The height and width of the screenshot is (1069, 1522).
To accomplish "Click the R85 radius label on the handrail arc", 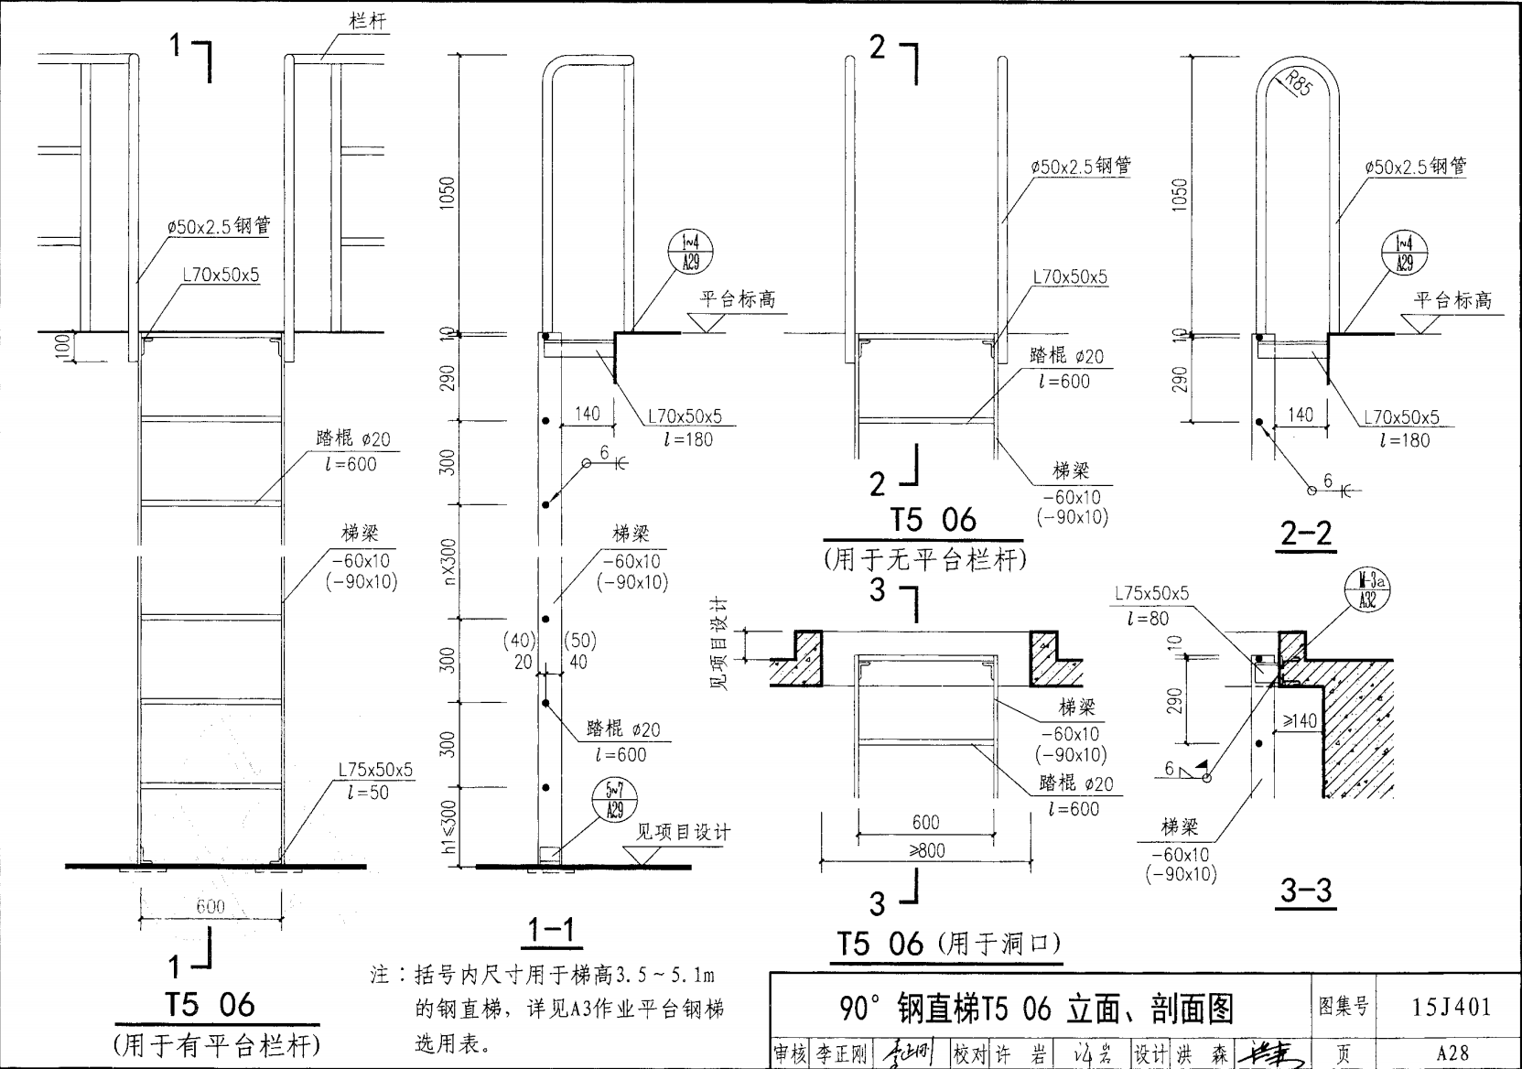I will (x=1299, y=83).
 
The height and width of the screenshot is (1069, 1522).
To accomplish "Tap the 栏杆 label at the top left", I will (x=368, y=20).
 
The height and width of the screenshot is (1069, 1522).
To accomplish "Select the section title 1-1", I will (x=552, y=931).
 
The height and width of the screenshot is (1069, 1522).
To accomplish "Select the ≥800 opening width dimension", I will (x=926, y=850).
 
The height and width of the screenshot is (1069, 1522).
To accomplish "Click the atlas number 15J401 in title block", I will (x=1451, y=1007).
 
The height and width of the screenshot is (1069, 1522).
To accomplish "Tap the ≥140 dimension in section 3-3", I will (x=1299, y=721).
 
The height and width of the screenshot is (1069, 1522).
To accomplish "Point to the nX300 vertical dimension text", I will (x=448, y=561).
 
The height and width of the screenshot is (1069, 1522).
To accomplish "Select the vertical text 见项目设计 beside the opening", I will (x=720, y=644).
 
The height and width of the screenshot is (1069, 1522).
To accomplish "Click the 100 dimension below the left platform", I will (x=62, y=347).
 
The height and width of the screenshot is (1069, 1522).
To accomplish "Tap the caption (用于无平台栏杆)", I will (x=924, y=559).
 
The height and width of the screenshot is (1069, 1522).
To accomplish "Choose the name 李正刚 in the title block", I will (x=840, y=1054).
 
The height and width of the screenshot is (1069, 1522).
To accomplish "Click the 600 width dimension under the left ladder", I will (x=210, y=906).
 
